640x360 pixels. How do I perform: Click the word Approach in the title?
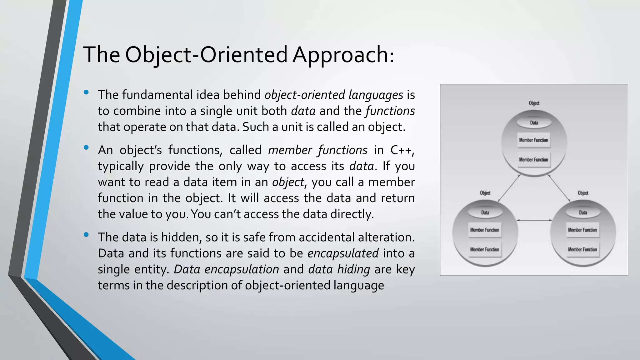point(343,55)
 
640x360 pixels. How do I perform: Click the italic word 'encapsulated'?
point(343,253)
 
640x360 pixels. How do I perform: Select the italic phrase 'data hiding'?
point(339,269)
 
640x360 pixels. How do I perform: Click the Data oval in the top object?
point(534,122)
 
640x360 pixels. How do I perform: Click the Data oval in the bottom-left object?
point(485,212)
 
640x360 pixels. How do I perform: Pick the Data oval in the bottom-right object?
point(583,212)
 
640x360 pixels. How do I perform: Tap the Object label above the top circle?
point(534,103)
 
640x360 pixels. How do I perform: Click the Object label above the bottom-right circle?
point(583,193)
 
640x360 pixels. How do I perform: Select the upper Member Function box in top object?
point(533,140)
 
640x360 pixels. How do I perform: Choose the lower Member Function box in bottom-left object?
point(485,249)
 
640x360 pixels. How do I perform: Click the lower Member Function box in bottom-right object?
point(582,249)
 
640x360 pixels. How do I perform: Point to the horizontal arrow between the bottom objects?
point(534,220)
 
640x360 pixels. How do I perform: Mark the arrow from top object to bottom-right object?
point(559,188)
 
